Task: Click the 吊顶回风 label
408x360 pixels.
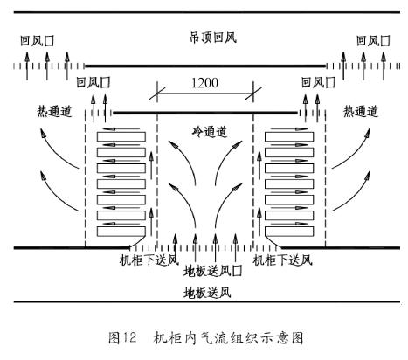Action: point(213,38)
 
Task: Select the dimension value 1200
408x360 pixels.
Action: point(204,83)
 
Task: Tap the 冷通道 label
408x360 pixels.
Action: point(210,132)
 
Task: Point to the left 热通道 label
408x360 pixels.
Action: point(54,111)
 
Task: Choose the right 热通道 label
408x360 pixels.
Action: point(361,111)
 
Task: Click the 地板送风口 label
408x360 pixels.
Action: point(213,271)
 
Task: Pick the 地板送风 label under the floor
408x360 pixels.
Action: point(207,293)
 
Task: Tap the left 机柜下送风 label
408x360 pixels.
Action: point(149,260)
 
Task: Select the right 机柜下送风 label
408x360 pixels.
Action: point(283,260)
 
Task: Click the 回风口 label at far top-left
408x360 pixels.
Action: point(38,41)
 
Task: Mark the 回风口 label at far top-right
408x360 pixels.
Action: point(373,41)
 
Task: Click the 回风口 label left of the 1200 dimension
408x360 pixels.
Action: point(93,82)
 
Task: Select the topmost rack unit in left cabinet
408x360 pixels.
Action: point(121,136)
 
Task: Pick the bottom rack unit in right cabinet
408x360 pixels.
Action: point(289,232)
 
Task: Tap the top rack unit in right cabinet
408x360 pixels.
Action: point(289,136)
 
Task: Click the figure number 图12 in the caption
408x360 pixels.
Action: point(122,338)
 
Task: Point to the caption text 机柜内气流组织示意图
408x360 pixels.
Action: point(229,338)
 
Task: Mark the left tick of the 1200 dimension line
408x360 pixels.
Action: point(157,93)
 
